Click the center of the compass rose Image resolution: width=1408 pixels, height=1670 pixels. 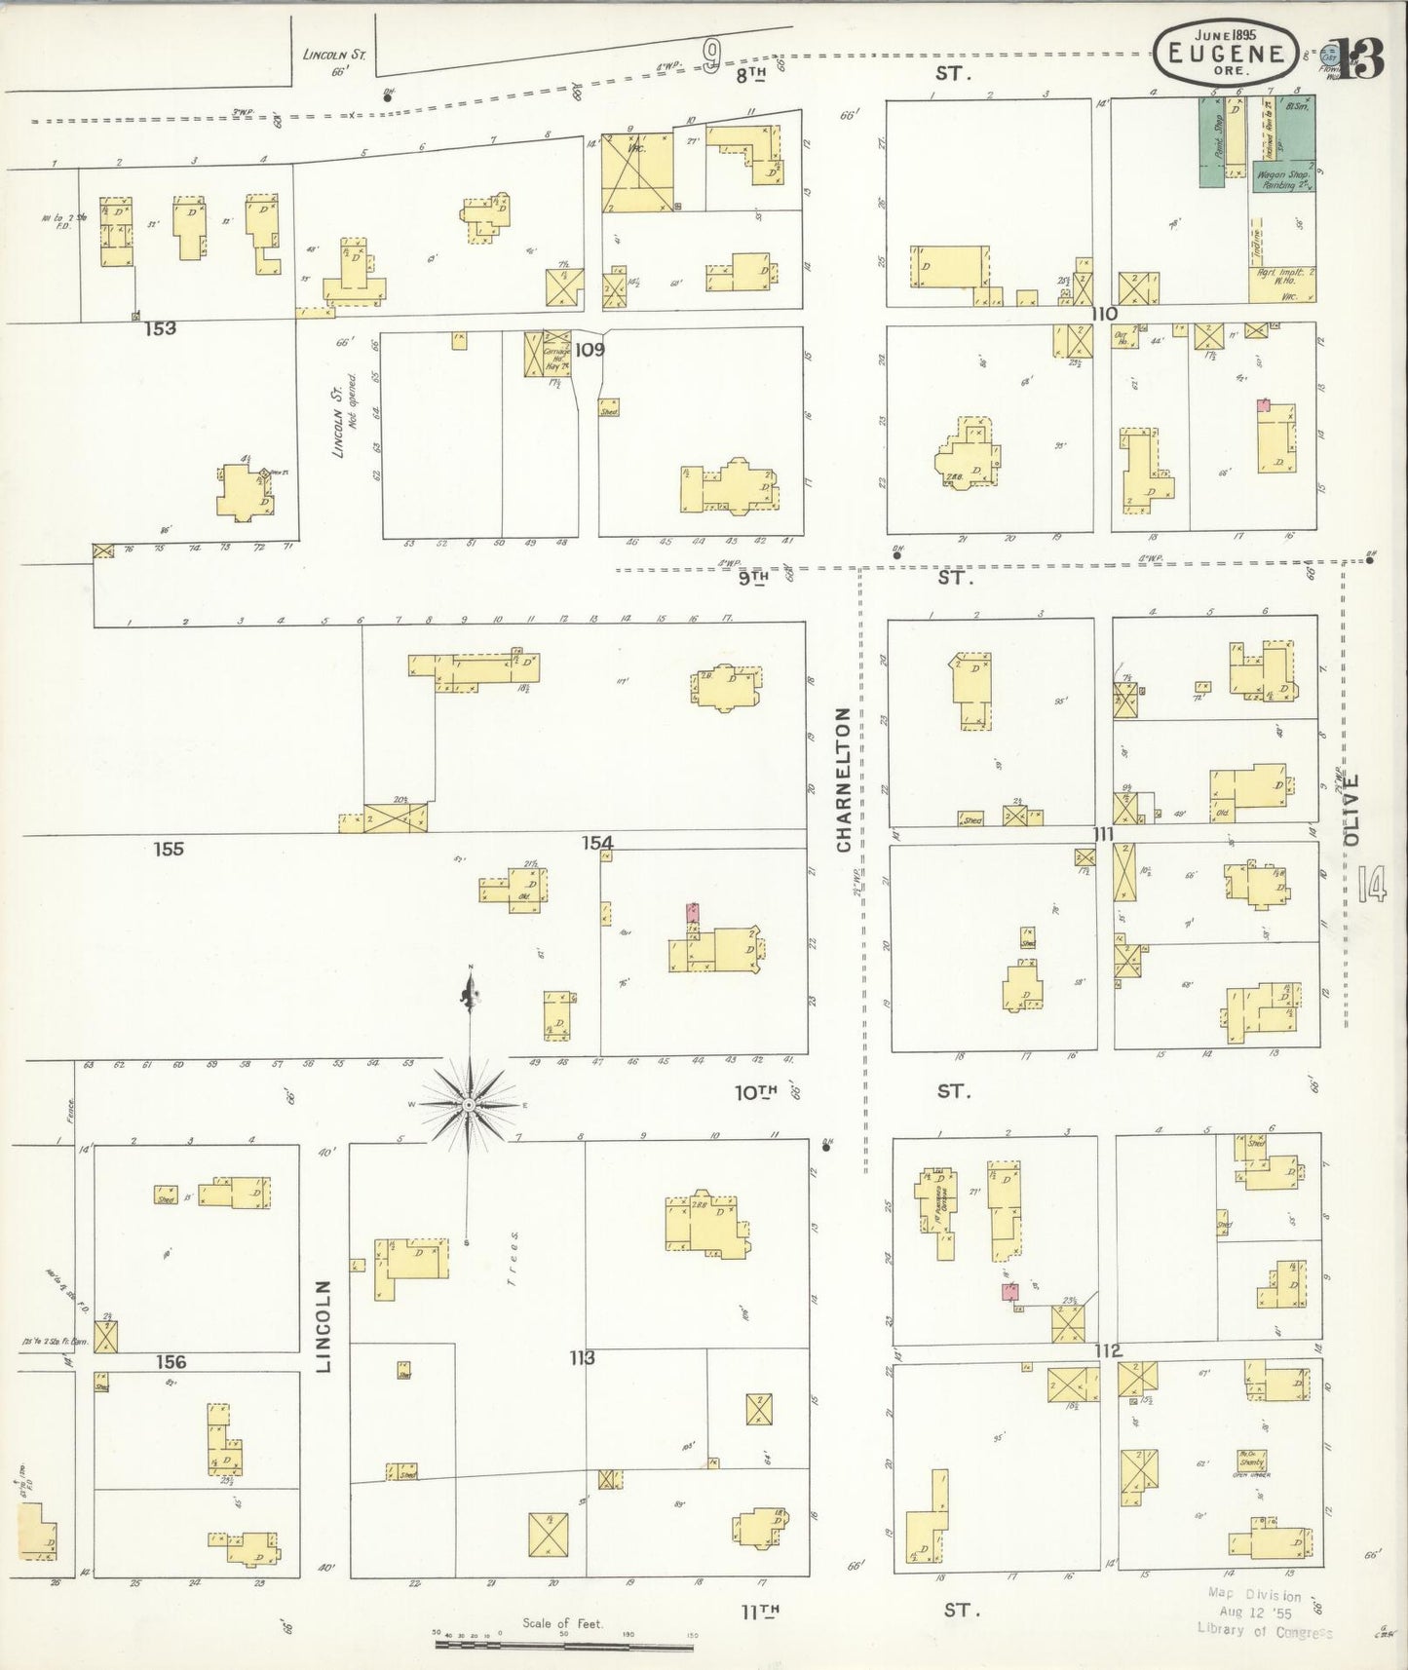click(x=469, y=1105)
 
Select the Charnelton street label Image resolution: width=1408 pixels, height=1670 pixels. click(x=843, y=779)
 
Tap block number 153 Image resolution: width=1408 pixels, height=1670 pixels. click(x=160, y=328)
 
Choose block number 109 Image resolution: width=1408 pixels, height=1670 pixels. click(x=590, y=349)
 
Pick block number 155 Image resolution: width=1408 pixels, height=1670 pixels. click(x=169, y=849)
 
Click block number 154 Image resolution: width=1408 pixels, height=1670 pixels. click(x=597, y=843)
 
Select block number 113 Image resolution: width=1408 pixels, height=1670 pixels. click(x=582, y=1357)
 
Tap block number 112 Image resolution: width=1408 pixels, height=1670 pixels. click(x=1108, y=1351)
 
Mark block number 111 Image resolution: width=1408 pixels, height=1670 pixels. click(x=1102, y=835)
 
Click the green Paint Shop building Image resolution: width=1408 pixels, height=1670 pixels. click(x=1211, y=142)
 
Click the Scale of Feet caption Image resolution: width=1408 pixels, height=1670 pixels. click(x=562, y=1623)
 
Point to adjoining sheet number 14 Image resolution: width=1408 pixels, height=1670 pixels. click(x=1370, y=885)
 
